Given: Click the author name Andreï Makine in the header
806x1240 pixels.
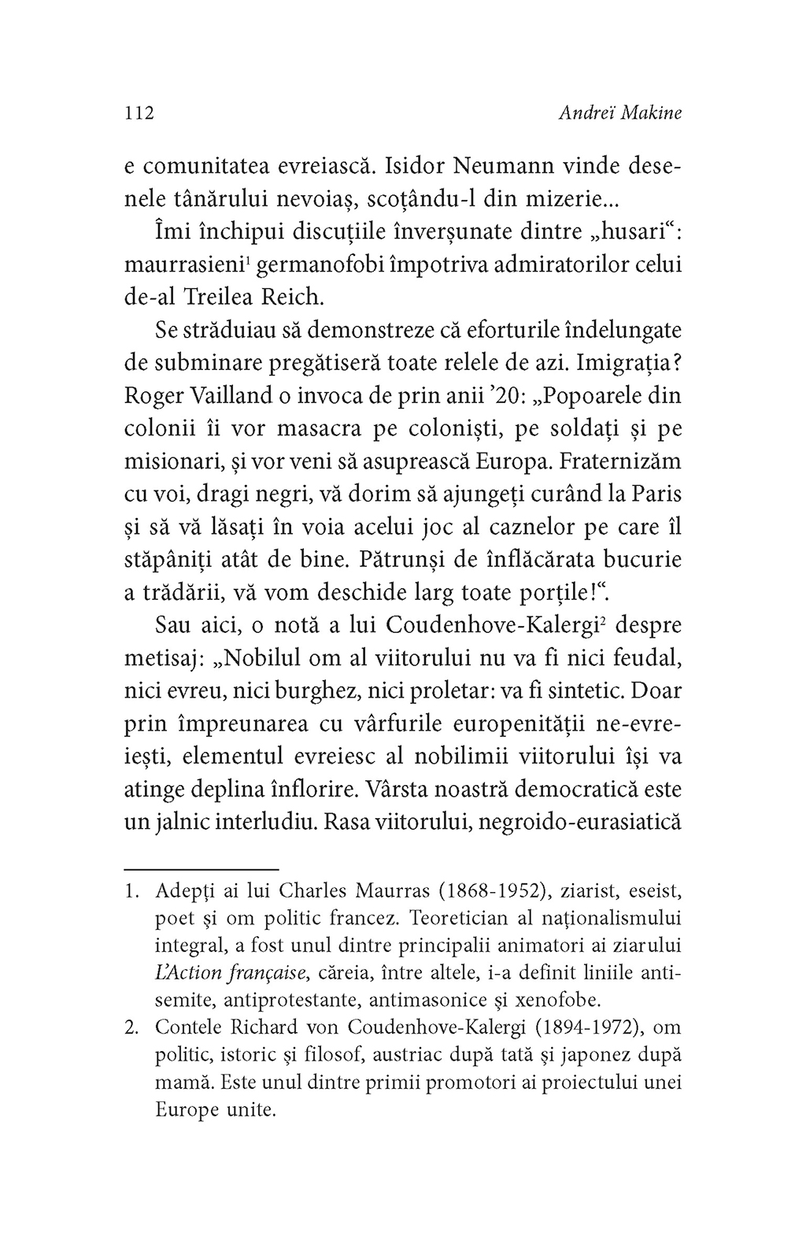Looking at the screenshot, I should tap(619, 113).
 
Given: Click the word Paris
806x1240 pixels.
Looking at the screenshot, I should tap(653, 494).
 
